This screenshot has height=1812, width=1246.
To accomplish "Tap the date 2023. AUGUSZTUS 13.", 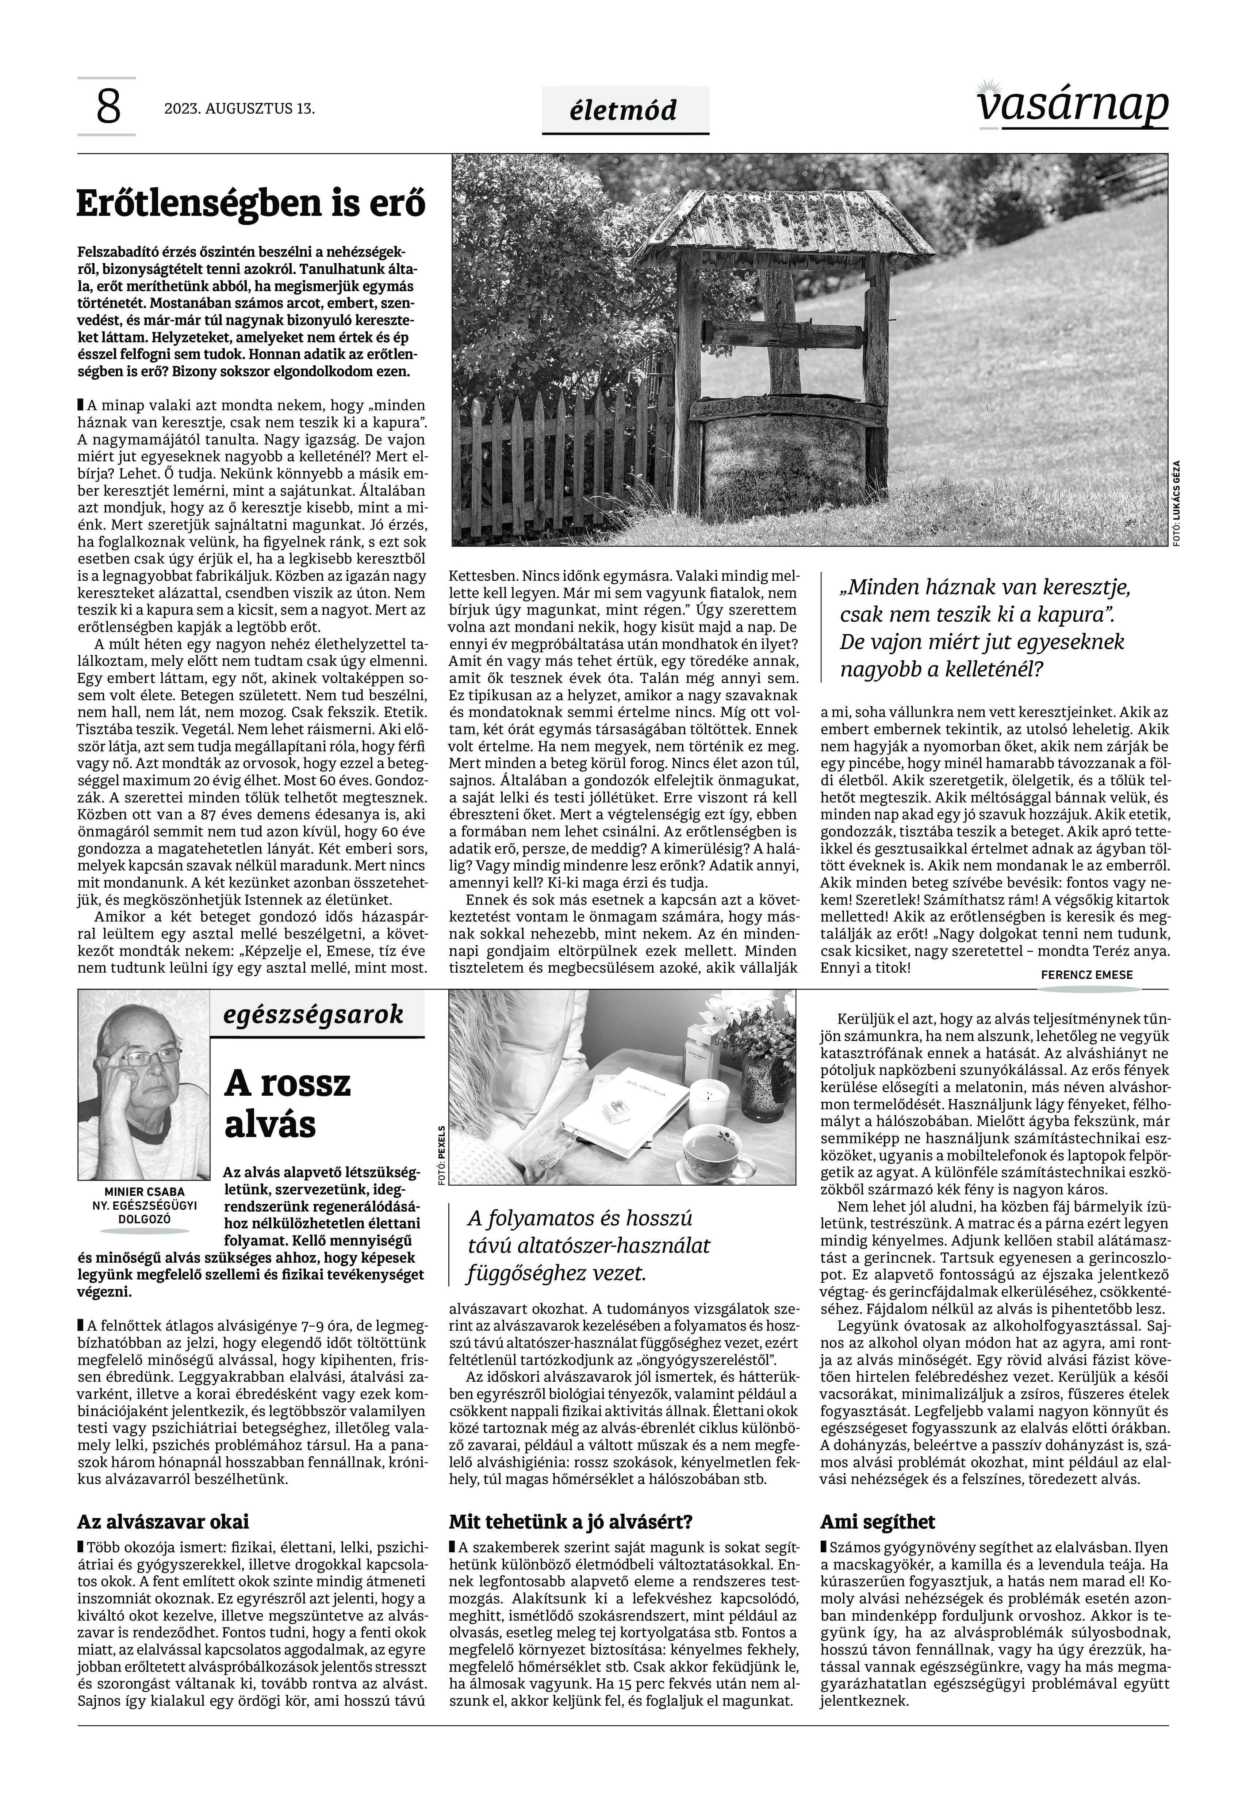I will (x=240, y=108).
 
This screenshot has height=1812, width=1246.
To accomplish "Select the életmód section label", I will (x=625, y=110).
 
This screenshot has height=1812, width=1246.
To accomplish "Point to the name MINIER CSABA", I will (x=145, y=1192).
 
